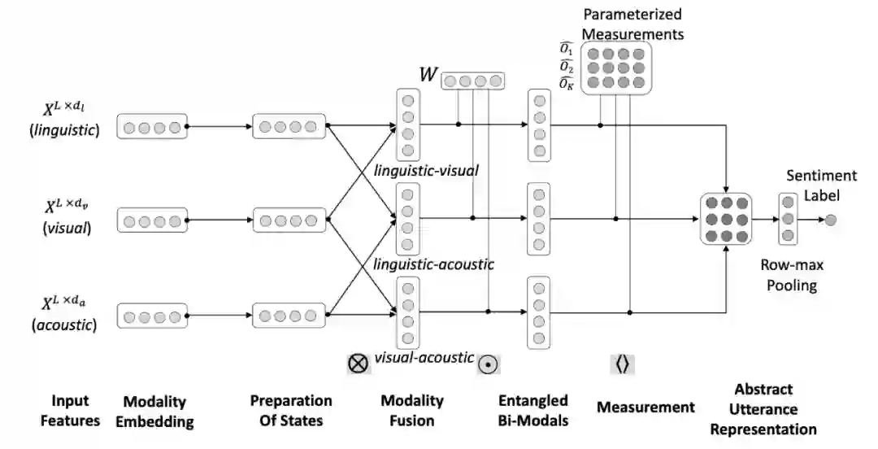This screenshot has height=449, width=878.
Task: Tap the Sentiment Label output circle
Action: click(830, 219)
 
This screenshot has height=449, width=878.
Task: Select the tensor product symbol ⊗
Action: click(358, 364)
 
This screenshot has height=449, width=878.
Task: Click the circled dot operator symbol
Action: click(487, 364)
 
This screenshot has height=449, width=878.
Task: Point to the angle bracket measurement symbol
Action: click(622, 364)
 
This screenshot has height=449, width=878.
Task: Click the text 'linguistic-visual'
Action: click(426, 171)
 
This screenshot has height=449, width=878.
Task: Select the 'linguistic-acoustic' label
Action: click(433, 264)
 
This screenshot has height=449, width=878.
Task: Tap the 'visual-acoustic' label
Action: click(424, 357)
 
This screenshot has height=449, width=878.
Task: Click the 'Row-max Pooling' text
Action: click(789, 275)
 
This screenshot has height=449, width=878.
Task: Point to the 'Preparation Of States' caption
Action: click(291, 410)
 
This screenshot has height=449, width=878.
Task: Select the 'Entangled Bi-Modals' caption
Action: click(532, 410)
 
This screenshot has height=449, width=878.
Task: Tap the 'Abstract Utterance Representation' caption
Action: click(763, 409)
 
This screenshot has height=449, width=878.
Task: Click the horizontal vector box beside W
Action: click(472, 81)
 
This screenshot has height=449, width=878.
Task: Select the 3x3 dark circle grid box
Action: click(724, 220)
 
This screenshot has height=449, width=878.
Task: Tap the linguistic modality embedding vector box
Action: click(152, 127)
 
